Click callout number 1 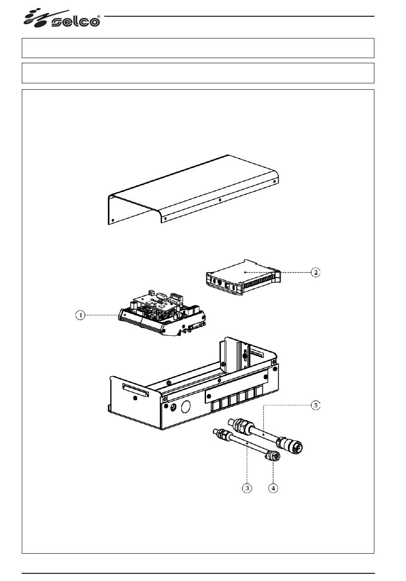[80, 315]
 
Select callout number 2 [315, 273]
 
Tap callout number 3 [247, 488]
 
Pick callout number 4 [273, 488]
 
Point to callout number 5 [315, 405]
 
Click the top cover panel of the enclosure [193, 190]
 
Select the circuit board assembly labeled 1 [162, 313]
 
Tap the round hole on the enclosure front [186, 406]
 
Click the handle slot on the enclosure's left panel [135, 390]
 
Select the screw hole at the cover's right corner [274, 182]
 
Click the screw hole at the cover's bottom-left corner [113, 220]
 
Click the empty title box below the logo [198, 48]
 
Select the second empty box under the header [198, 73]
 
